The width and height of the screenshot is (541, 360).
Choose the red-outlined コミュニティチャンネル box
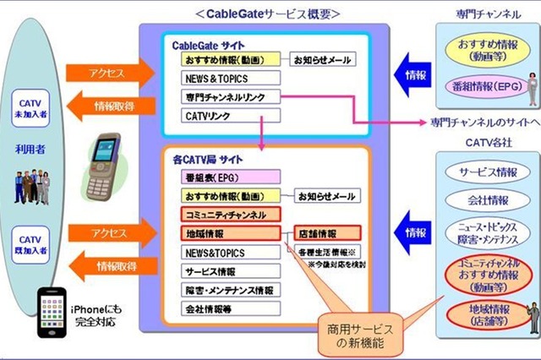coord(228,215)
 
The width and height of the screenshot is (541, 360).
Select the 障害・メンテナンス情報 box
coord(228,290)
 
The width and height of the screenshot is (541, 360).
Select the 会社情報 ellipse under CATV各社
coord(484,201)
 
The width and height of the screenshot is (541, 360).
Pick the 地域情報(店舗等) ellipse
coord(484,314)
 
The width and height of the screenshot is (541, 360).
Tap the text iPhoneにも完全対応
coord(95,315)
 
